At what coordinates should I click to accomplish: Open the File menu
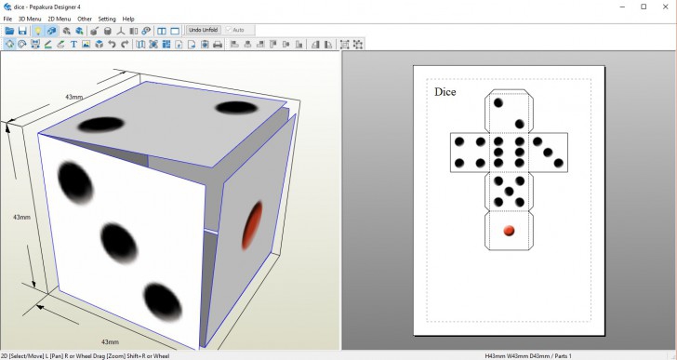[x=7, y=19]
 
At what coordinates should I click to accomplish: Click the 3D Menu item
[x=30, y=19]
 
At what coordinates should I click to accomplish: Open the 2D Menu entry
[x=59, y=19]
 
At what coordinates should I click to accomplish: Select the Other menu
[x=85, y=19]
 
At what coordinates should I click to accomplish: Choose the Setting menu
[x=107, y=19]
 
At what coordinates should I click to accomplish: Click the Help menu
[x=128, y=19]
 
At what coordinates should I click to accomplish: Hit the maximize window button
[x=643, y=7]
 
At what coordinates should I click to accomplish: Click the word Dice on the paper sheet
[x=445, y=92]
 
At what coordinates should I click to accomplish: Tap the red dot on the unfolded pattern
[x=508, y=230]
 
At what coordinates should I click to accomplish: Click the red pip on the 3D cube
[x=252, y=226]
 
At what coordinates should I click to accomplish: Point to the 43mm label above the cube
[x=73, y=97]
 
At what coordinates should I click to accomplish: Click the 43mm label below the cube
[x=110, y=341]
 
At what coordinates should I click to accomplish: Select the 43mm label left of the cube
[x=20, y=217]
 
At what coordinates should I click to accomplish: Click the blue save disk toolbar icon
[x=22, y=31]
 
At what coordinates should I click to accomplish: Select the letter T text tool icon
[x=73, y=44]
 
